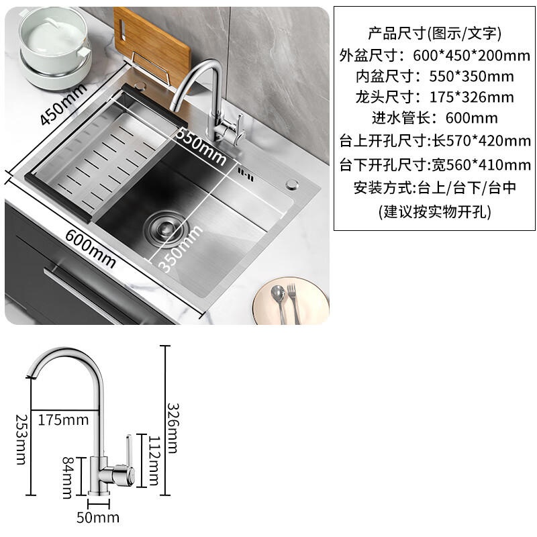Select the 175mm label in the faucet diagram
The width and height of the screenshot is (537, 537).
pyautogui.click(x=63, y=420)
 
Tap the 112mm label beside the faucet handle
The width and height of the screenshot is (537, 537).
pyautogui.click(x=154, y=459)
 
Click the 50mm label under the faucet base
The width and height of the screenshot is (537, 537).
pyautogui.click(x=98, y=517)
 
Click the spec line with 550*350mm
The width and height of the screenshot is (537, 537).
pyautogui.click(x=434, y=77)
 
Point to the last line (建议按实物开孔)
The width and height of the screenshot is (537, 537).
pyautogui.click(x=434, y=212)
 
